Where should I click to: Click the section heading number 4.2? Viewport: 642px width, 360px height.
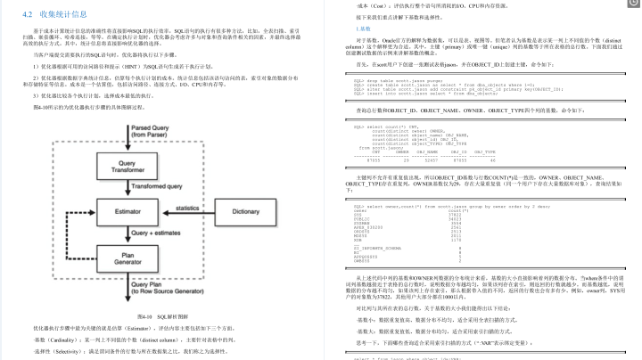tap(27, 14)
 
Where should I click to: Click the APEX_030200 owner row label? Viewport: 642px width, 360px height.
tap(368, 229)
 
